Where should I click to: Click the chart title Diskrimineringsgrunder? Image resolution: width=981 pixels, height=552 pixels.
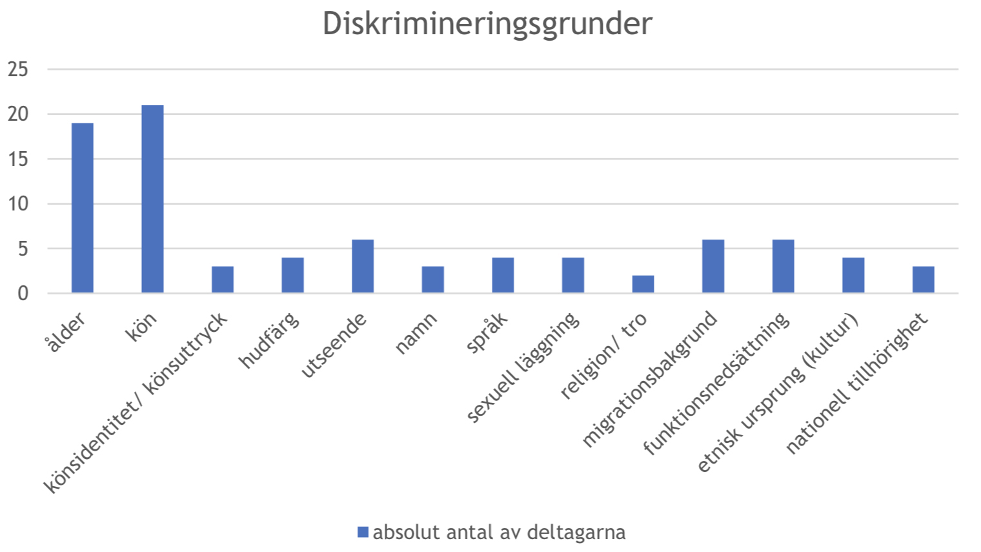487,24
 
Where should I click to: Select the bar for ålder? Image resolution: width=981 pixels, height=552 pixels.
83,208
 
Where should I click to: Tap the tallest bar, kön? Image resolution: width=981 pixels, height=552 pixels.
152,199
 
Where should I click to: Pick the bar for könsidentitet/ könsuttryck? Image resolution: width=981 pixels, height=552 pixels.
223,280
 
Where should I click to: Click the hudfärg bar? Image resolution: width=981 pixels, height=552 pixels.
292,276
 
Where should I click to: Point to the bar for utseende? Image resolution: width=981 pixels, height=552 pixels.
363,267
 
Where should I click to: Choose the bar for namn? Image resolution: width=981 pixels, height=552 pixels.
433,280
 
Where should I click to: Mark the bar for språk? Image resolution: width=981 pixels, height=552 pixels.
503,276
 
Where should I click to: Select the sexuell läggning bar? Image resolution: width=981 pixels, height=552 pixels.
573,276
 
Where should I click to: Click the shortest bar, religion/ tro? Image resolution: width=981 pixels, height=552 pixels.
643,284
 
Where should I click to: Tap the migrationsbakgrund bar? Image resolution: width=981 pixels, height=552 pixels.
713,267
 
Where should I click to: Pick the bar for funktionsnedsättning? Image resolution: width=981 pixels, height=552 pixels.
783,267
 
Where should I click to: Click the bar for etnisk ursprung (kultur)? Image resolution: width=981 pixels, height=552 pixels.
853,276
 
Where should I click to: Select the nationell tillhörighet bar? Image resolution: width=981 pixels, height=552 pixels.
923,280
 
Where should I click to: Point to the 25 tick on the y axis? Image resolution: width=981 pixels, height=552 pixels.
18,69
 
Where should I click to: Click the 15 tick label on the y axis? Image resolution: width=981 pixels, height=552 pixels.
18,159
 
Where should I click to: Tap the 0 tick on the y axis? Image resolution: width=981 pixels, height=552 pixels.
23,294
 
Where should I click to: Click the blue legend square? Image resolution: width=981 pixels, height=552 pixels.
363,532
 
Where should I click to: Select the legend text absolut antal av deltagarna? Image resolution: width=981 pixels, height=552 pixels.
499,532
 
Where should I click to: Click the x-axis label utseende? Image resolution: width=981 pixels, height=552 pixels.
334,345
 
